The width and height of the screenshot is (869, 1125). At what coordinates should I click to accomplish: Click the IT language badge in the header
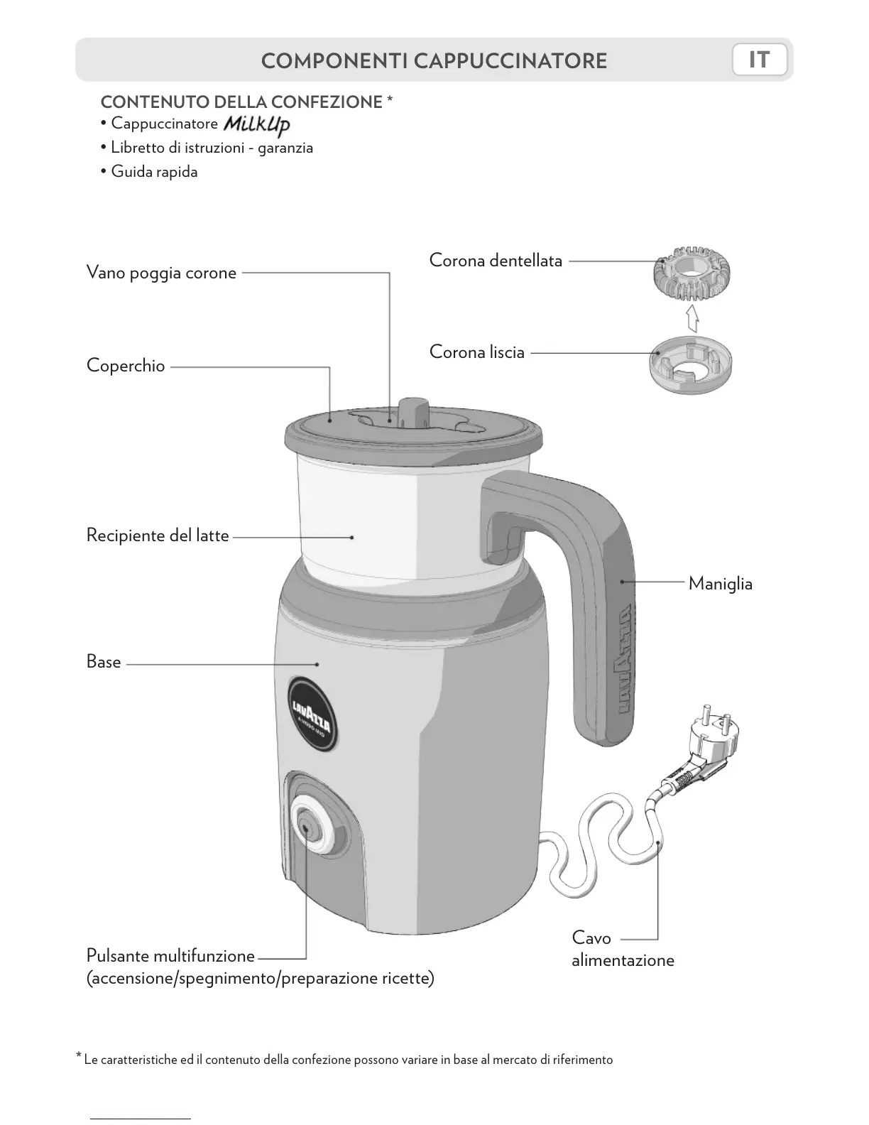point(759,60)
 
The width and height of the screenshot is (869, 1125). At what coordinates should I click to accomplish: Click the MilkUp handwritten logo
point(256,125)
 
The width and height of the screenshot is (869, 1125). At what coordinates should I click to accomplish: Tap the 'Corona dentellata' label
point(496,261)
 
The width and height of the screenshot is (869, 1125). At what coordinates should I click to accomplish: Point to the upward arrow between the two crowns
point(692,319)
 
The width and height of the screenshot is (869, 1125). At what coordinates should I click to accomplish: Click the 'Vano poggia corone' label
point(161,273)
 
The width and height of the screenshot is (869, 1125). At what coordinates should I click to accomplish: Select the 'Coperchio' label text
point(126,366)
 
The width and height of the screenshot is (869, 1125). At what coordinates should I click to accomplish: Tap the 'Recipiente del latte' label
point(158,535)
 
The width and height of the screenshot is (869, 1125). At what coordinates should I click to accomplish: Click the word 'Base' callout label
point(104,662)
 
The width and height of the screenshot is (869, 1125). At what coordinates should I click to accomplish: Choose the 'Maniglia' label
point(720,584)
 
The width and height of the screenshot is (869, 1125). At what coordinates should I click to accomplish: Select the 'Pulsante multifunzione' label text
point(170,955)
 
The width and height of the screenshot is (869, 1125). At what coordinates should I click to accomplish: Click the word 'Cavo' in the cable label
point(591,938)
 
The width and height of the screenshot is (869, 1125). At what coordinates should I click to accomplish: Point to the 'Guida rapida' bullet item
point(154,172)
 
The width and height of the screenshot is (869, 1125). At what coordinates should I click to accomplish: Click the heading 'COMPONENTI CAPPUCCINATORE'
point(434,61)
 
